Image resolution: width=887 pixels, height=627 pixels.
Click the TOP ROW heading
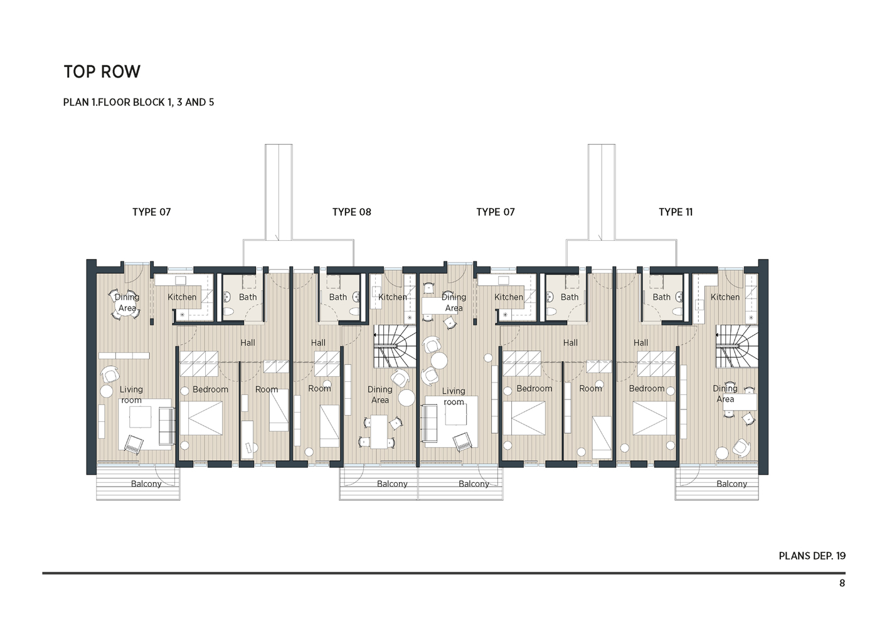coord(102,72)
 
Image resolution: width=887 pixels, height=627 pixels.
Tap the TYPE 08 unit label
coord(351,212)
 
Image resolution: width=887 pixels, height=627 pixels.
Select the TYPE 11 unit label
coord(676,212)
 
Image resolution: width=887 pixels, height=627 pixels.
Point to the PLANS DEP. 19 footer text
coord(812,556)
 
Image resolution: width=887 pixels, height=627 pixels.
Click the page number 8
coord(842,583)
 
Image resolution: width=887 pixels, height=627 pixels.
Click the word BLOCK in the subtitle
coord(149,102)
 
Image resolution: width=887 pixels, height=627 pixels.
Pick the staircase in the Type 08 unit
coord(395,346)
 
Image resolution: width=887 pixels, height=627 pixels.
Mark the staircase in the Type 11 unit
coord(736,346)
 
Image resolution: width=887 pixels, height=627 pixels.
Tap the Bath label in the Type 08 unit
coord(337,297)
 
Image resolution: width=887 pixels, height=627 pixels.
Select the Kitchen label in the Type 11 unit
coord(725,297)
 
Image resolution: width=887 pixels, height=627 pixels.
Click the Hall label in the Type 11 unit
coord(640,343)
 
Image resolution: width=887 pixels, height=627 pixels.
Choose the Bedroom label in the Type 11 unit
coord(646,389)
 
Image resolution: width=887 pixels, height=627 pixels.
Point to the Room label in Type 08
coord(319,389)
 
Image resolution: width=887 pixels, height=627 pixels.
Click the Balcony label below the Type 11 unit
coord(731,484)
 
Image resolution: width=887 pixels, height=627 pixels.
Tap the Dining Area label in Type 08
coord(380,394)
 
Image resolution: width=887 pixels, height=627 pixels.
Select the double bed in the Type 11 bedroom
coord(654,418)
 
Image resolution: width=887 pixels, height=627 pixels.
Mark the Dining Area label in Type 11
coord(725,394)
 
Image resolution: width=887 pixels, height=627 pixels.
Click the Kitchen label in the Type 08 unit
coord(392,297)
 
